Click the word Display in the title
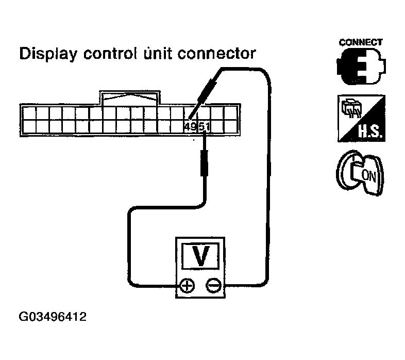(48, 54)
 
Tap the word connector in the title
(217, 54)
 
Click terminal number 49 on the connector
(191, 127)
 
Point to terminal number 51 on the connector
(204, 127)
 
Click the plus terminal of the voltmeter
(187, 286)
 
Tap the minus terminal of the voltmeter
(214, 286)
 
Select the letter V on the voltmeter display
(200, 256)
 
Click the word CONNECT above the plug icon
(361, 42)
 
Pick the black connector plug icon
(361, 66)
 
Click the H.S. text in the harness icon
(370, 132)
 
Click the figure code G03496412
(53, 317)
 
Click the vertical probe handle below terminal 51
(205, 163)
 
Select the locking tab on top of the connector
(130, 98)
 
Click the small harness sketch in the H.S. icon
(352, 108)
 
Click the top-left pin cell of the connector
(29, 113)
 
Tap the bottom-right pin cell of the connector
(230, 127)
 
